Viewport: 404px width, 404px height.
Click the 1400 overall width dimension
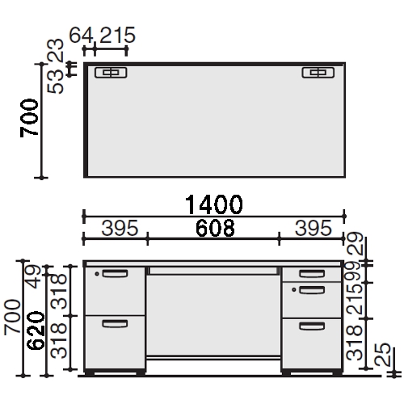pos(214,204)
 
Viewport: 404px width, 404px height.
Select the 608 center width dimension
pos(215,228)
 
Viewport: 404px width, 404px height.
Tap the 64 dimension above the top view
pos(81,35)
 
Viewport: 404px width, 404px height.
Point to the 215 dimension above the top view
pos(117,35)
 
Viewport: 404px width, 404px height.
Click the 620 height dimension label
pos(36,330)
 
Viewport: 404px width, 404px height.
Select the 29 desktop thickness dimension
pos(355,243)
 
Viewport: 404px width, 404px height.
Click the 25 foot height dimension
pos(382,354)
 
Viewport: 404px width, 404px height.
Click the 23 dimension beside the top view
pos(55,51)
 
